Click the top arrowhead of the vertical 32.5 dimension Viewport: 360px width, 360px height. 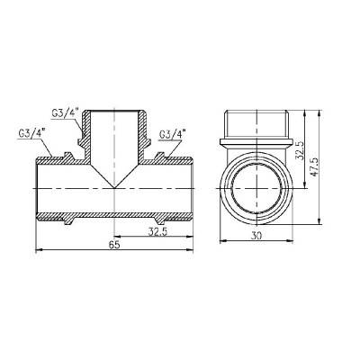pos(303,112)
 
